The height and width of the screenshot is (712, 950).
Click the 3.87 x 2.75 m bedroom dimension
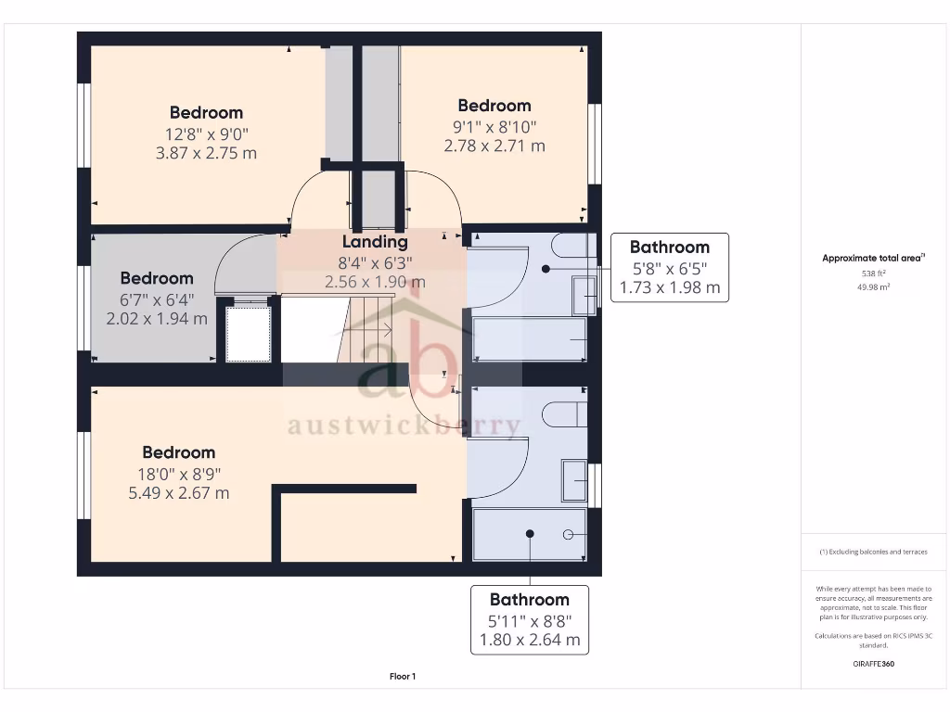[206, 153]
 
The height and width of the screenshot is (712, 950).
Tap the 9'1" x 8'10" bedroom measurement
[494, 126]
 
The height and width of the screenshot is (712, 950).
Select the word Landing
[375, 242]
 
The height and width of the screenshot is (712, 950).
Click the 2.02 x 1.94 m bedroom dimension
[157, 319]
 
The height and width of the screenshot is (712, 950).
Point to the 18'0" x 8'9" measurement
[179, 473]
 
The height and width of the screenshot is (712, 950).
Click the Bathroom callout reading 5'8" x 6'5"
[670, 267]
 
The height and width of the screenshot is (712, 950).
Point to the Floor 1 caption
[403, 677]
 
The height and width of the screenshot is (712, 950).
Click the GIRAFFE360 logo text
[873, 664]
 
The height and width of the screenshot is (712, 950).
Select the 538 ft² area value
[873, 273]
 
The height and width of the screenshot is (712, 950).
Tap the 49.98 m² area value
[873, 287]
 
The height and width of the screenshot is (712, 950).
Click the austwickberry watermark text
[404, 426]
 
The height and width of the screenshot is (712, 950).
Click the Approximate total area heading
[873, 259]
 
